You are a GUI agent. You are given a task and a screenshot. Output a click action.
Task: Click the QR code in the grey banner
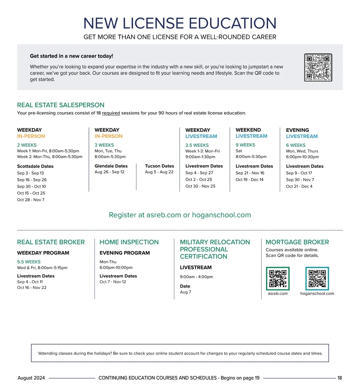[x=318, y=68]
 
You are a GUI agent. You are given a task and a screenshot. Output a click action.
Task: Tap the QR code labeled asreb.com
[x=278, y=278]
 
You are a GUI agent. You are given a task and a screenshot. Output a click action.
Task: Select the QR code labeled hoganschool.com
[x=317, y=278]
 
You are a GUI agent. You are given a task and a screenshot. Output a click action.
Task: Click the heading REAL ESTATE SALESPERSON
[x=61, y=105]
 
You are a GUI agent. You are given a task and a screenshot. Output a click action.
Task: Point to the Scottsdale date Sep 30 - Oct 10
[x=31, y=186]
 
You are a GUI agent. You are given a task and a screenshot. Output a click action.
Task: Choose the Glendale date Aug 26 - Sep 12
[x=109, y=172]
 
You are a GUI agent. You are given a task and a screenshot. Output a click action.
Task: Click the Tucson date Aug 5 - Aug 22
[x=159, y=172]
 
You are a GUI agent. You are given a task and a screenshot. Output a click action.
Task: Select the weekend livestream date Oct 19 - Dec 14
[x=250, y=180]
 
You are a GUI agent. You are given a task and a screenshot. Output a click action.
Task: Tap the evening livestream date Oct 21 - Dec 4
[x=299, y=186]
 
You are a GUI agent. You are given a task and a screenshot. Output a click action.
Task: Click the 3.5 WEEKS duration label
[x=197, y=145]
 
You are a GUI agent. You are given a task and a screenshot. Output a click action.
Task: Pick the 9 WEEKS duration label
[x=245, y=145]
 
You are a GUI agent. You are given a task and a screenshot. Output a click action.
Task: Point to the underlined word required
[x=111, y=113]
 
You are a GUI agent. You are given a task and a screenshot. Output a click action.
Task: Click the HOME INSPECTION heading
[x=129, y=242]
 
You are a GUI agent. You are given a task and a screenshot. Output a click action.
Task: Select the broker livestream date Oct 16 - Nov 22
[x=32, y=288]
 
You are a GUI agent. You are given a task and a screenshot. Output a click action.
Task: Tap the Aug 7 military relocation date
[x=185, y=292]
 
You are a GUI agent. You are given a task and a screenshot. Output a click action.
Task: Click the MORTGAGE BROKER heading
[x=297, y=242]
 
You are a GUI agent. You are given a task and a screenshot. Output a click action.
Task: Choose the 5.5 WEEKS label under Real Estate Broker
[x=29, y=262]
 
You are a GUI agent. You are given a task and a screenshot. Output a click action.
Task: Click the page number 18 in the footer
[x=340, y=378]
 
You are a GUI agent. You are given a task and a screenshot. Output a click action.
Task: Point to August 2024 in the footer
[x=31, y=378]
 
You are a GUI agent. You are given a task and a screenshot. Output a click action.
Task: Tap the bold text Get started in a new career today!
[x=71, y=56]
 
